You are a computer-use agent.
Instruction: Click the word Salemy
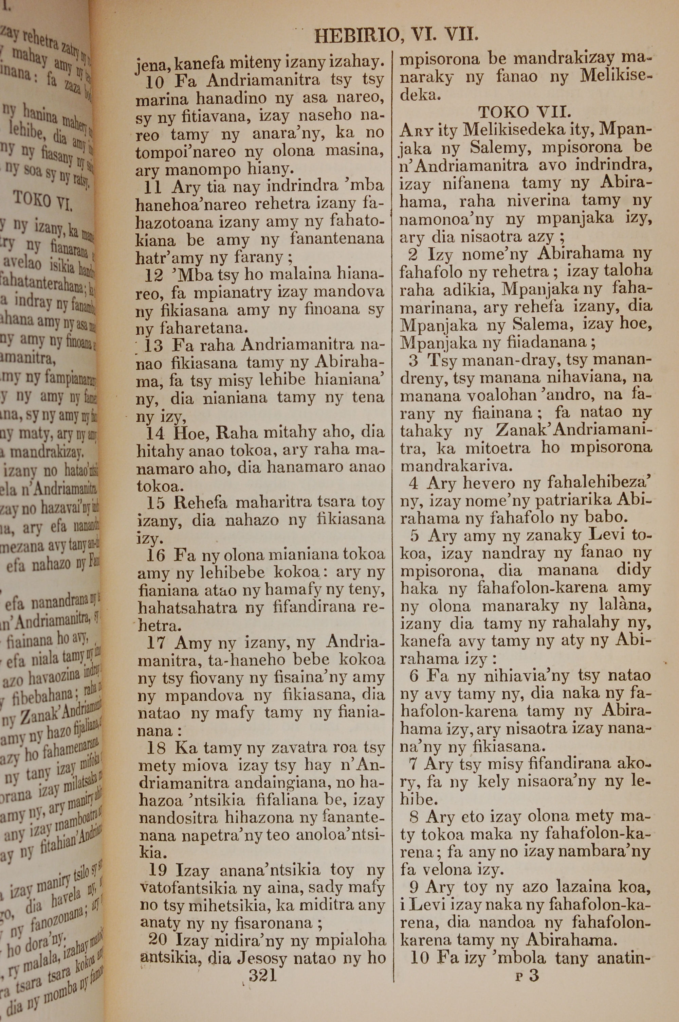[x=493, y=148]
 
